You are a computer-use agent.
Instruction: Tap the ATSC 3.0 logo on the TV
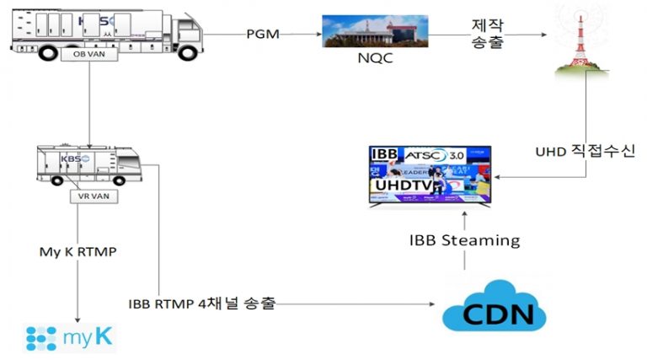[x=443, y=155]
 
